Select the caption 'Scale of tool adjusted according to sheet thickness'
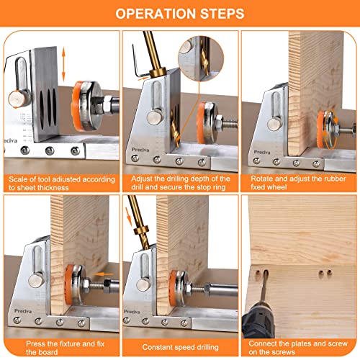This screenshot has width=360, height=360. [x=59, y=183]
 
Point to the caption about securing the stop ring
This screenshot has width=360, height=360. [x=180, y=183]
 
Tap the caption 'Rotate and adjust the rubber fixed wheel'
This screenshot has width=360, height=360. [x=299, y=183]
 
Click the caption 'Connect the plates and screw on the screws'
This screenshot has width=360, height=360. [x=299, y=347]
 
